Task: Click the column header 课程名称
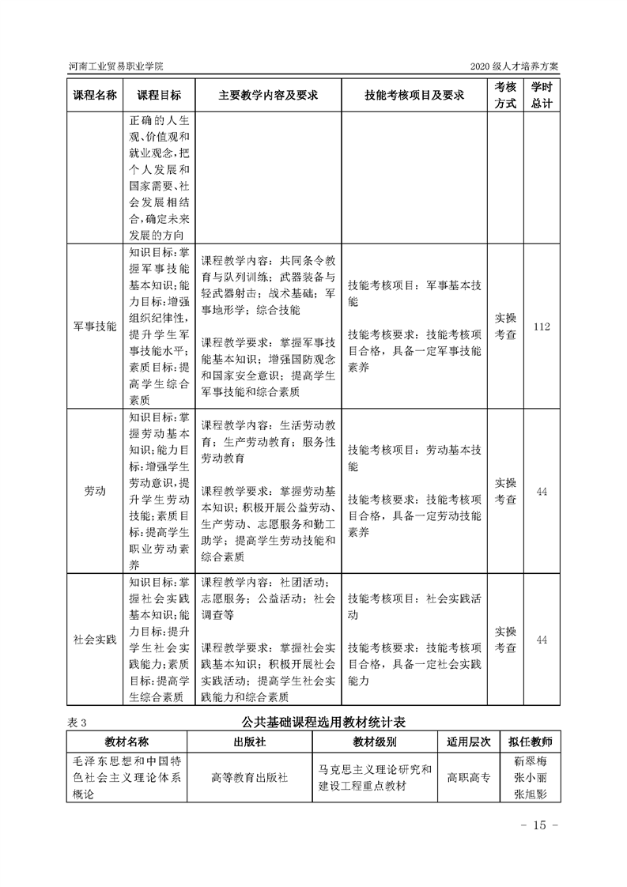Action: (95, 95)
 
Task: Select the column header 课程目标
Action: (159, 95)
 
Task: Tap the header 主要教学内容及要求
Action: (268, 95)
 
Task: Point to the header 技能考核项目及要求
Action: (414, 95)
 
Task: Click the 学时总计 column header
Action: (542, 95)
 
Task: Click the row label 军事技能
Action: (95, 326)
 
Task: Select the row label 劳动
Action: (95, 491)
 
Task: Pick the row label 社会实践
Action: (95, 639)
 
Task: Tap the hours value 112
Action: (542, 326)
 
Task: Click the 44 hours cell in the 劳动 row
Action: (542, 491)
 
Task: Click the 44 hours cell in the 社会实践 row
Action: (542, 639)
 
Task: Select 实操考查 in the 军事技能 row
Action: (505, 326)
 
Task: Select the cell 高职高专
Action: (468, 778)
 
